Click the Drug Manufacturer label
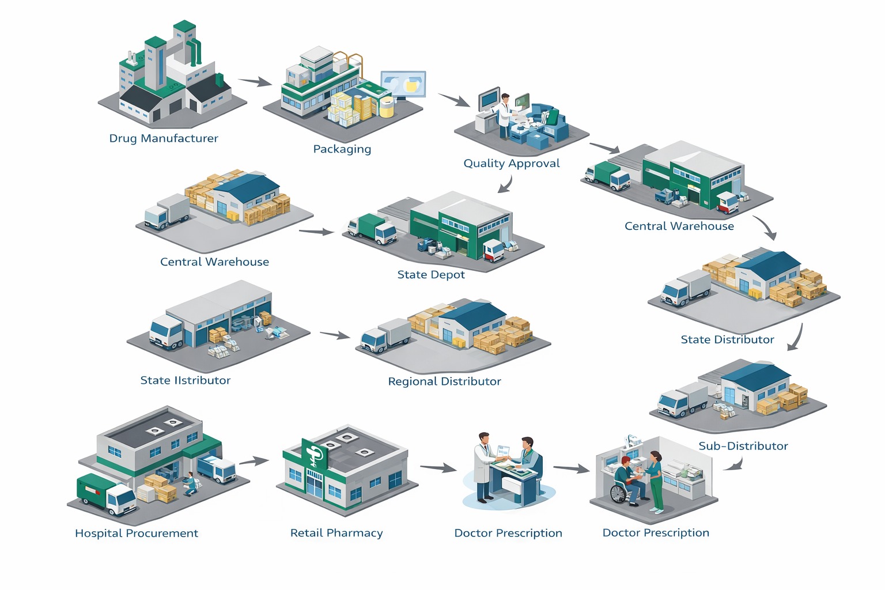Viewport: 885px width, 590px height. (x=164, y=138)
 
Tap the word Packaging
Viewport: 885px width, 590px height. (x=342, y=149)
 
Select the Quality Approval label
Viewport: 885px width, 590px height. (x=512, y=164)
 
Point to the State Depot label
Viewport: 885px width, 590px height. (x=431, y=275)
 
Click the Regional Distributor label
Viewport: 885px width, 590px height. (x=444, y=381)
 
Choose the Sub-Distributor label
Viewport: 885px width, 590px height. (x=743, y=446)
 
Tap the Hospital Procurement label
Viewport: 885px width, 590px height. (x=137, y=534)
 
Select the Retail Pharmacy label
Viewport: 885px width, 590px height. (x=336, y=534)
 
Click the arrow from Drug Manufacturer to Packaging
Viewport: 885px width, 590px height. (x=255, y=82)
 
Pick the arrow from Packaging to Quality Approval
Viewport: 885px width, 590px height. (x=454, y=100)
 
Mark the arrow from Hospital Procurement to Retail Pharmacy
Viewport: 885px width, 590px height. (x=254, y=461)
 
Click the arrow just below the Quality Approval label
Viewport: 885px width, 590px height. (x=505, y=184)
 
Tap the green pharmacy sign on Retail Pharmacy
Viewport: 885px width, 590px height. (x=315, y=454)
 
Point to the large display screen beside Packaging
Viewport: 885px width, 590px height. (x=403, y=85)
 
